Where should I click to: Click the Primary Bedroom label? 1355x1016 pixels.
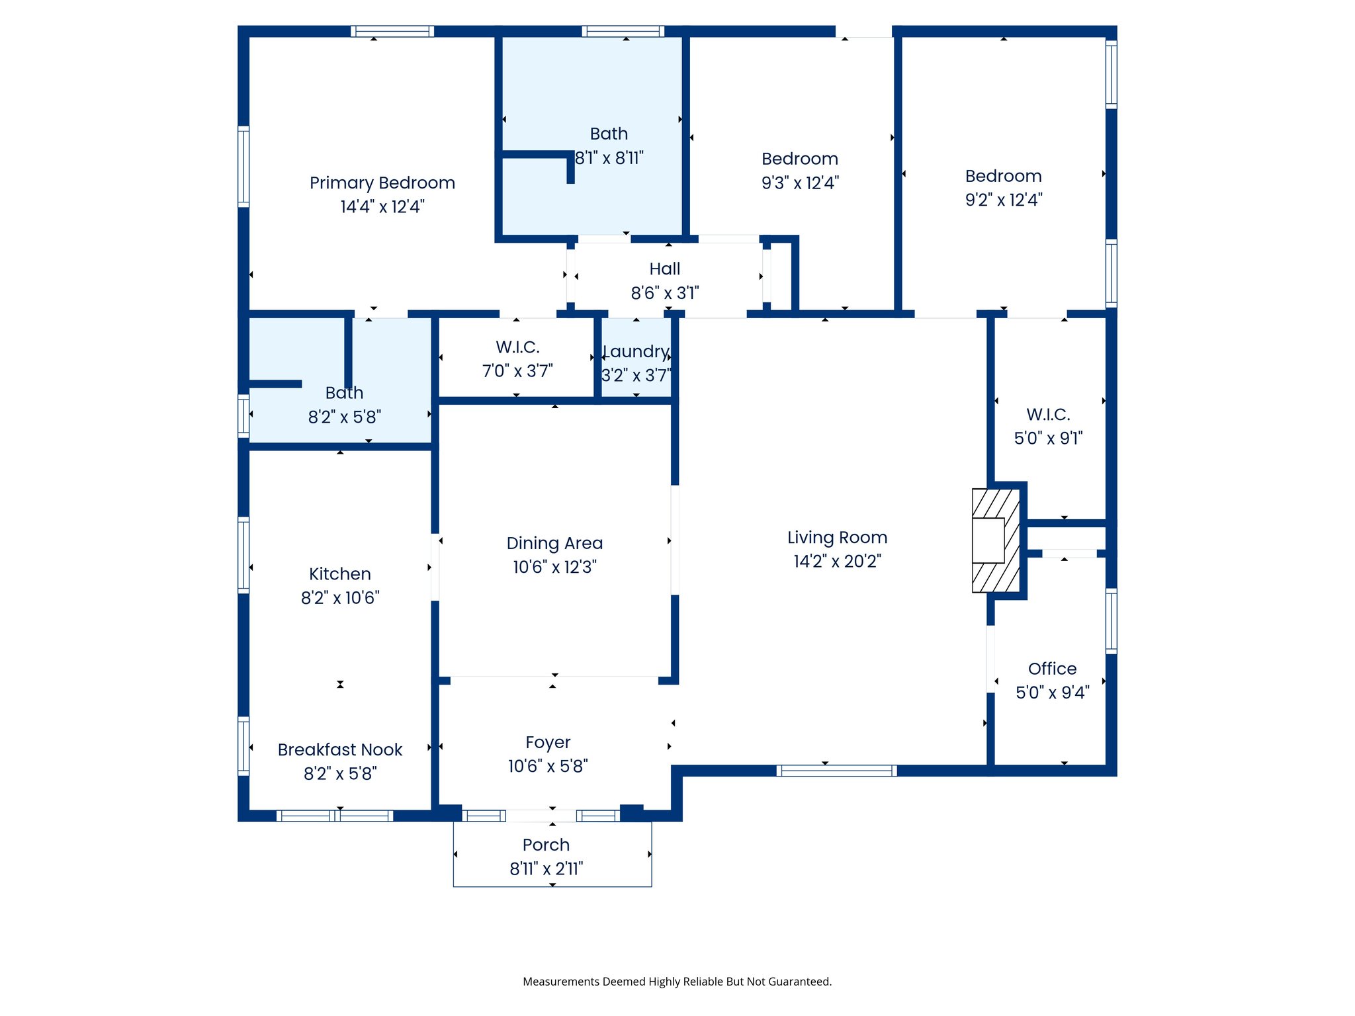[382, 183]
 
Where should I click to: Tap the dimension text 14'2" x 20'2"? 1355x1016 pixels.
[838, 561]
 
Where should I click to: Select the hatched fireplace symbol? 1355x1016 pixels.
[996, 540]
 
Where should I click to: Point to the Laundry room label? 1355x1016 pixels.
[636, 352]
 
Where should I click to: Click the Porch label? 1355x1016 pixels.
[546, 845]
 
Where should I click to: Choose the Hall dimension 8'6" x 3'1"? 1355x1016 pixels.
[665, 293]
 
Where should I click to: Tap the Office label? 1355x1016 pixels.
[1052, 669]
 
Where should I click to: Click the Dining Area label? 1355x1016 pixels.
[554, 543]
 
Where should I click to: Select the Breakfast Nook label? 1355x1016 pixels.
[340, 749]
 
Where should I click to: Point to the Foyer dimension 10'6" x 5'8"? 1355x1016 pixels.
[548, 766]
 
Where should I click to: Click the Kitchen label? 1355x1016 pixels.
[340, 573]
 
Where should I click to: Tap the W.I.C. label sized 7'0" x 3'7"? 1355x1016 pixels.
[517, 347]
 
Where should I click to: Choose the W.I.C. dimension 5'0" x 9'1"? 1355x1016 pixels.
[1049, 438]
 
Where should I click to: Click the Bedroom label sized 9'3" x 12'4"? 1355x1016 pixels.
[800, 159]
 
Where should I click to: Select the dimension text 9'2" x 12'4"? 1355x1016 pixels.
[1004, 200]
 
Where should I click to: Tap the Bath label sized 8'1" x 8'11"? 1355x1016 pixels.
[609, 134]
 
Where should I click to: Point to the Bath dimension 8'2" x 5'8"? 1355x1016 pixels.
[344, 417]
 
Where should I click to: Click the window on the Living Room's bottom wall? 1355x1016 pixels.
[836, 771]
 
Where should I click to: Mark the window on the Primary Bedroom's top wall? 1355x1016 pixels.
[392, 31]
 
